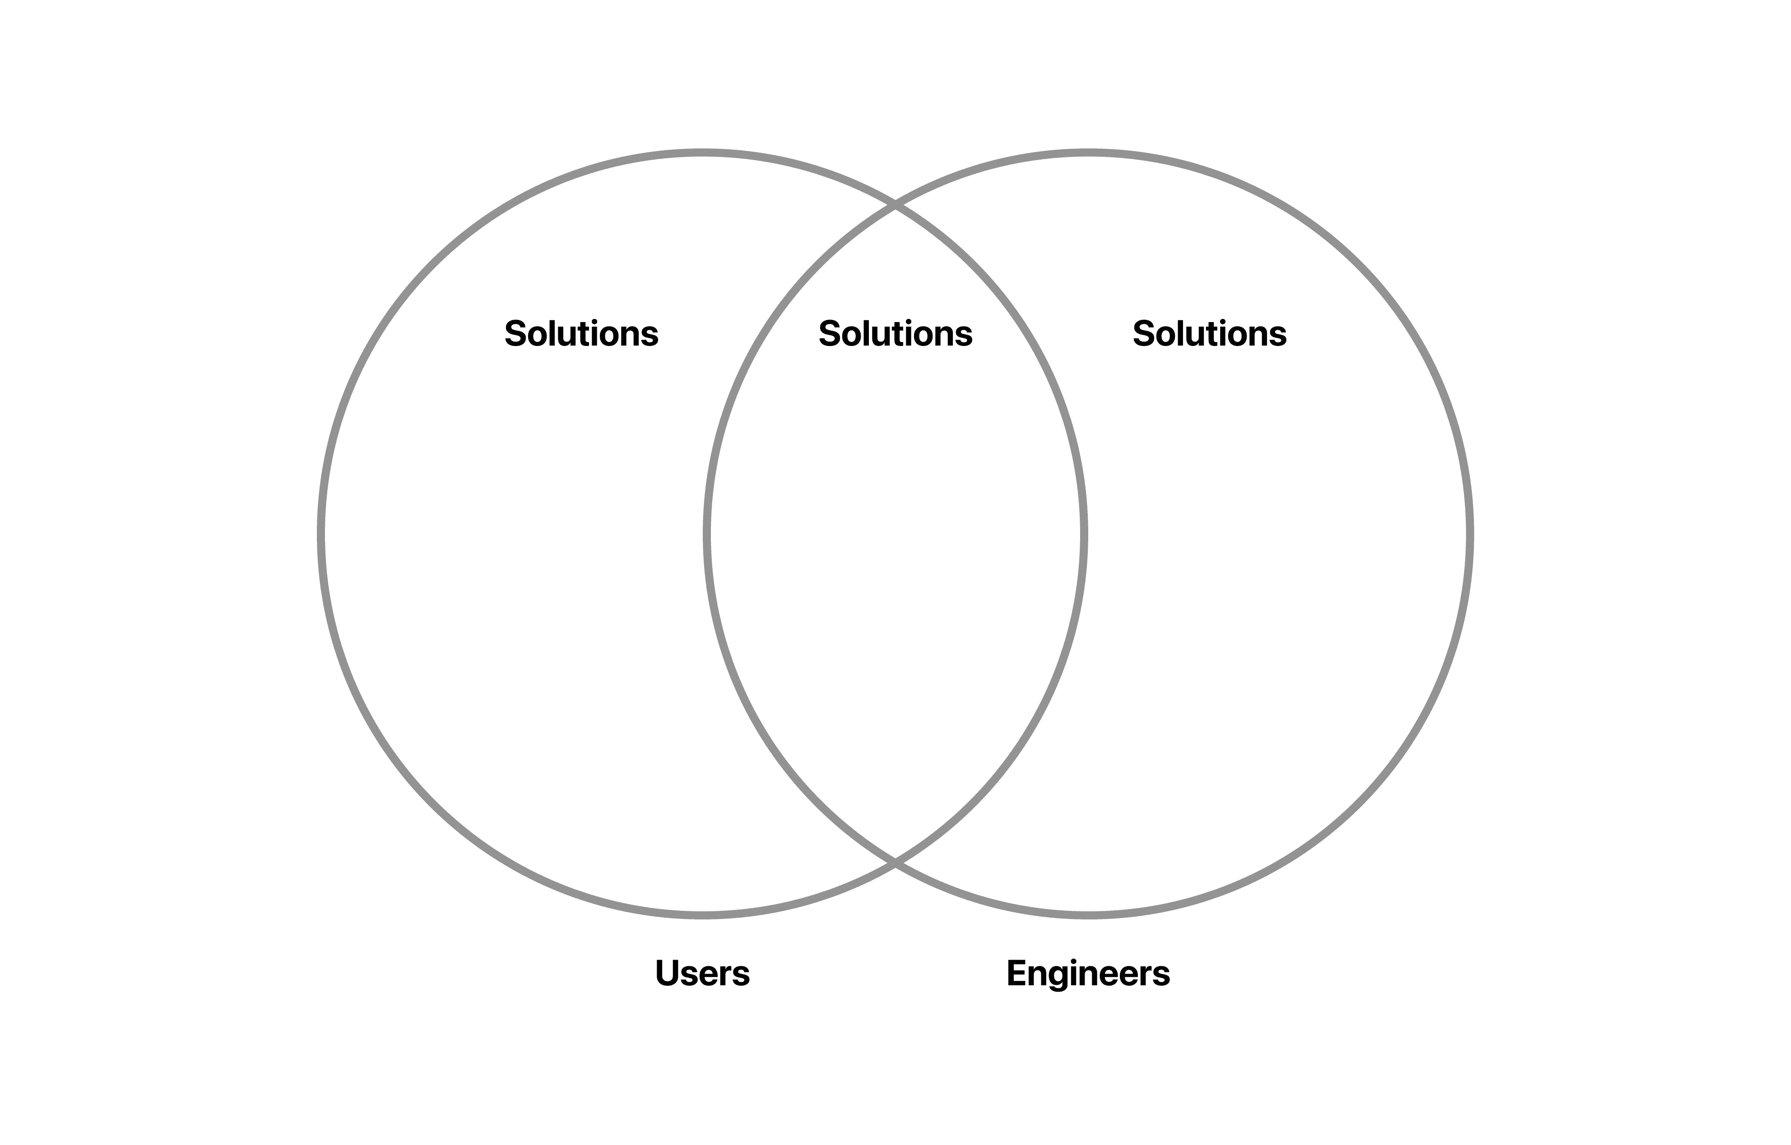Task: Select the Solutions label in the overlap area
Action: (x=895, y=334)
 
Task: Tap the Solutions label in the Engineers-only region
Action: (x=1209, y=334)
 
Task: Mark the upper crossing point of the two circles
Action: (x=895, y=205)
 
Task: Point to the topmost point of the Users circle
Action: (x=703, y=153)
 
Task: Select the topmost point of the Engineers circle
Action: (x=1088, y=153)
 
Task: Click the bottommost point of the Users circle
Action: (x=703, y=915)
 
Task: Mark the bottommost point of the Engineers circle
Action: (x=1088, y=915)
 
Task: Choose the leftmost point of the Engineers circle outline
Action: (x=706, y=535)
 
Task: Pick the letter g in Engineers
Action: (x=1066, y=979)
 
